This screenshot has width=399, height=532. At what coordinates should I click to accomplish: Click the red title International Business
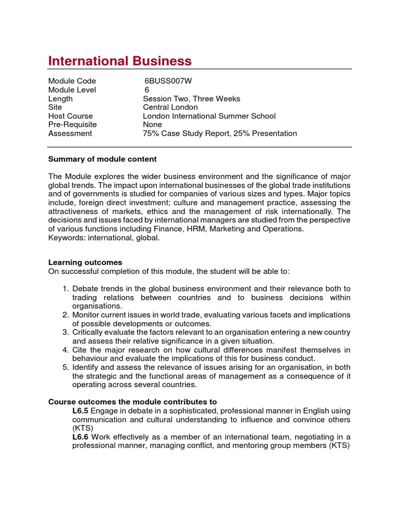[x=120, y=61]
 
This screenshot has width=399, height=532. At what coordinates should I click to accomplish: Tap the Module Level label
[x=72, y=90]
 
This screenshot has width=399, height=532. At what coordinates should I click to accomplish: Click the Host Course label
[x=71, y=116]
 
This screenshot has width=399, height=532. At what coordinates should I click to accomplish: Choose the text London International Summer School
[x=209, y=116]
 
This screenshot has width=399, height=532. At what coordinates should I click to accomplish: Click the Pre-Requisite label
[x=73, y=125]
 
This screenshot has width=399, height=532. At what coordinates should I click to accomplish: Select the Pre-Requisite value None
[x=152, y=125]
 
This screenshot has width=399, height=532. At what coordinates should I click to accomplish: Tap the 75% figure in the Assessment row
[x=151, y=134]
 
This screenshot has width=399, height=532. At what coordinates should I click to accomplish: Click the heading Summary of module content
[x=102, y=159]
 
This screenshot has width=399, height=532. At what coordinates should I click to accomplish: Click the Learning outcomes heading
[x=85, y=262]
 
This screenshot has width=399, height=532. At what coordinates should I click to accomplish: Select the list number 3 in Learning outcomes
[x=66, y=332]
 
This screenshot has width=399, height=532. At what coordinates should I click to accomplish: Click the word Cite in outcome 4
[x=81, y=350]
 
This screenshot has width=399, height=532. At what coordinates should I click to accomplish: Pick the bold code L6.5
[x=81, y=410]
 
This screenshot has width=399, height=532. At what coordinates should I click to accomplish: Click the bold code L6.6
[x=81, y=437]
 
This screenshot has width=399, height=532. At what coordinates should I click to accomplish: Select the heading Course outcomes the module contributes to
[x=132, y=402]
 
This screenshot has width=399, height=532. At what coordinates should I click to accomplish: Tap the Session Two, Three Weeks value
[x=192, y=99]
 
